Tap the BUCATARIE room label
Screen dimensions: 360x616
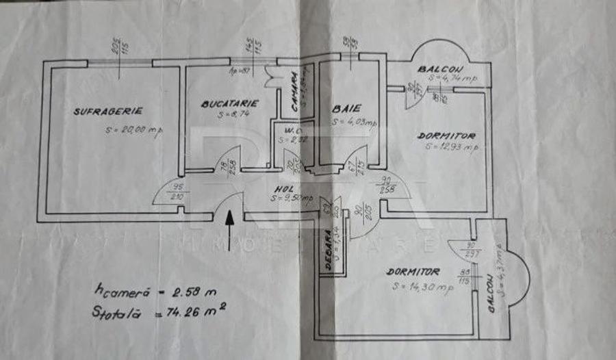(x=229, y=104)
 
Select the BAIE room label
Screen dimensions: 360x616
(x=346, y=108)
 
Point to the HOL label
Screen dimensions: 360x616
(x=283, y=189)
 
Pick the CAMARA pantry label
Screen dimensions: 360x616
(x=293, y=87)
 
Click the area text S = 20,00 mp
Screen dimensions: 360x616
(x=134, y=129)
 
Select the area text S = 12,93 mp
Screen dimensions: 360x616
(x=451, y=146)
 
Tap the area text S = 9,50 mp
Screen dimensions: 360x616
(x=290, y=199)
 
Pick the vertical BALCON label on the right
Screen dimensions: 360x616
(x=491, y=294)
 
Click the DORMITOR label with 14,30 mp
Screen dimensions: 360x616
(x=413, y=272)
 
